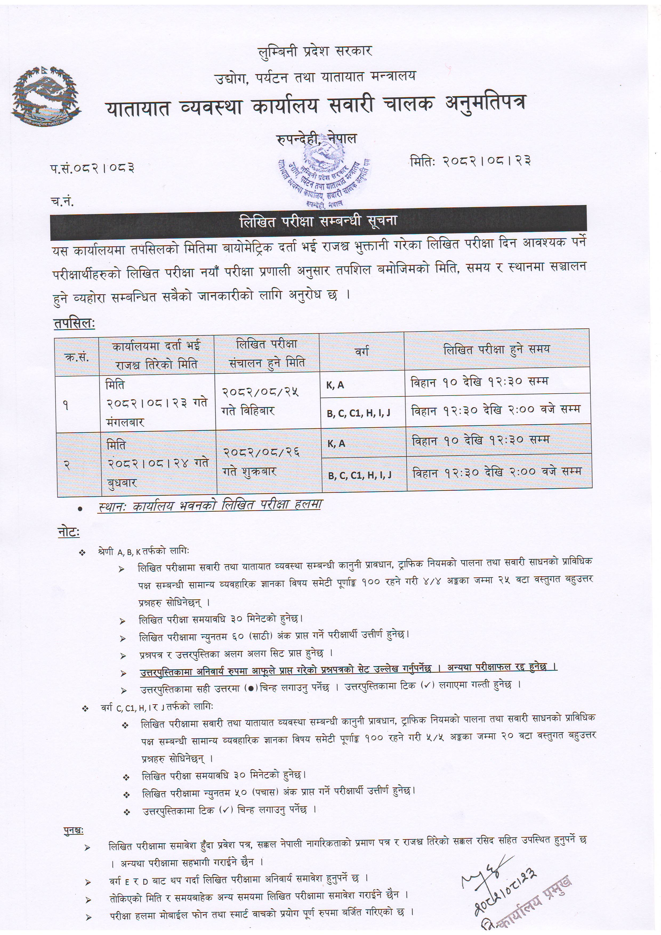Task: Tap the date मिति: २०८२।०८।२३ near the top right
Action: click(x=470, y=161)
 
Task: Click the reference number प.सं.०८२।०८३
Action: click(x=92, y=167)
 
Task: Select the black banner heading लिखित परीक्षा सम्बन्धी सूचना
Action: click(x=318, y=221)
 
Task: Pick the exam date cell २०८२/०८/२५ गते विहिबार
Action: click(x=261, y=401)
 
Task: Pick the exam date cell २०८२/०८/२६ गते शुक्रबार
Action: click(x=261, y=462)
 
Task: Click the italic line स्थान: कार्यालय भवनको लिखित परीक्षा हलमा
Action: click(x=210, y=505)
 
